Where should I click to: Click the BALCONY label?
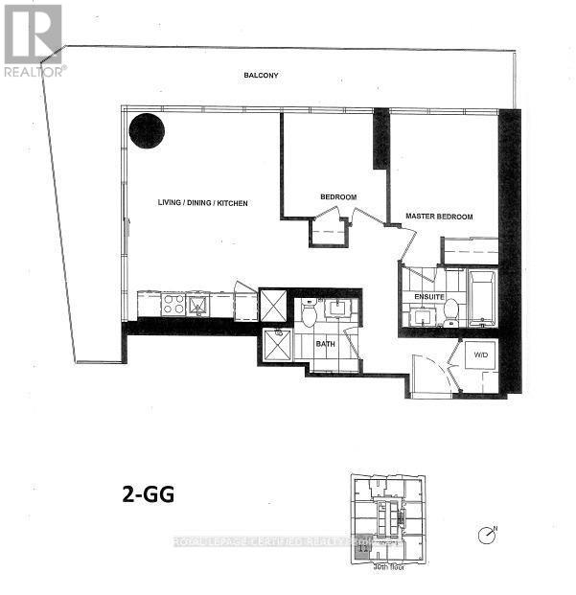pos(260,75)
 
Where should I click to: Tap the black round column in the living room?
pos(147,130)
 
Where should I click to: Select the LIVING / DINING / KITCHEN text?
pos(203,203)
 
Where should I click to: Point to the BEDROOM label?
pos(337,197)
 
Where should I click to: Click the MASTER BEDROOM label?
pos(439,217)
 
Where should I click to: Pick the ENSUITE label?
pos(429,297)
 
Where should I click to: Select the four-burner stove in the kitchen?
pos(173,305)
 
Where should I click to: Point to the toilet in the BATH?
pos(310,312)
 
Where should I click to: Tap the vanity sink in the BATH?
pos(338,309)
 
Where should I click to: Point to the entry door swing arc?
pos(426,372)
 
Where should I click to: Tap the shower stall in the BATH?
pos(279,345)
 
